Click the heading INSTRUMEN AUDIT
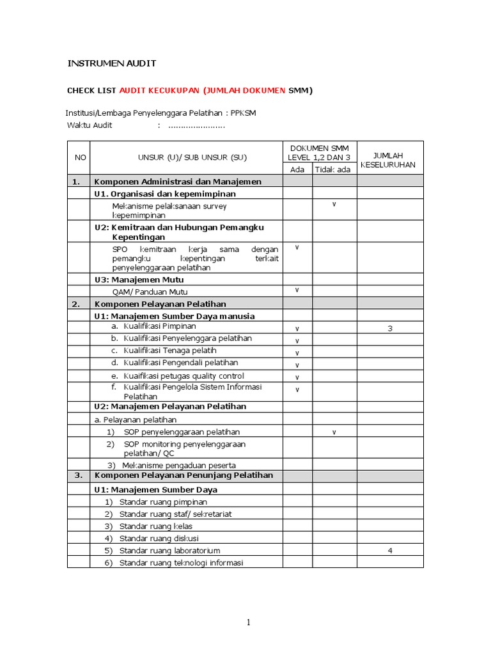pyautogui.click(x=112, y=63)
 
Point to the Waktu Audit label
pyautogui.click(x=90, y=125)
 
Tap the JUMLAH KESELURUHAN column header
pyautogui.click(x=389, y=160)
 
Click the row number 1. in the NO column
pyautogui.click(x=76, y=182)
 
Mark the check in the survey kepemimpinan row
pyautogui.click(x=334, y=204)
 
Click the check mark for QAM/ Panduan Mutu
pyautogui.click(x=297, y=290)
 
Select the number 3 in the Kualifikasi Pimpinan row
pyautogui.click(x=389, y=329)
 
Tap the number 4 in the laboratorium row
pyautogui.click(x=389, y=551)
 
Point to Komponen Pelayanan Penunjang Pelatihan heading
pyautogui.click(x=183, y=475)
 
